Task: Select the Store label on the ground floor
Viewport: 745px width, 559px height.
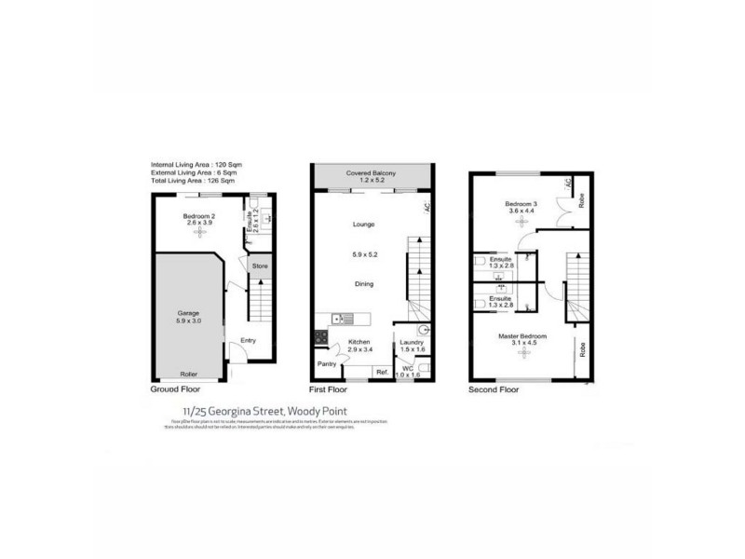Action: [x=259, y=266]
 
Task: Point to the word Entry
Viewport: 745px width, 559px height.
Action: [x=249, y=341]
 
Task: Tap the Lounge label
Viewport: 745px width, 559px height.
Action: [x=363, y=225]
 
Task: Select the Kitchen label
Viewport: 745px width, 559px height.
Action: [x=360, y=342]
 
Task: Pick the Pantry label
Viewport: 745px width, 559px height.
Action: [x=326, y=363]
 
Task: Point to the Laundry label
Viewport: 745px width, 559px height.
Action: [x=413, y=343]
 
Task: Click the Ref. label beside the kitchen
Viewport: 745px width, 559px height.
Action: [x=382, y=374]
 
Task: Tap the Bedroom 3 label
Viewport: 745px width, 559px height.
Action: [x=521, y=203]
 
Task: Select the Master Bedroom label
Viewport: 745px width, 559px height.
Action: [x=521, y=335]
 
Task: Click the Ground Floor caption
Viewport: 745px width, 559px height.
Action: [x=176, y=391]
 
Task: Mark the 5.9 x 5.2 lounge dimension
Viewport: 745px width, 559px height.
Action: [x=363, y=253]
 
